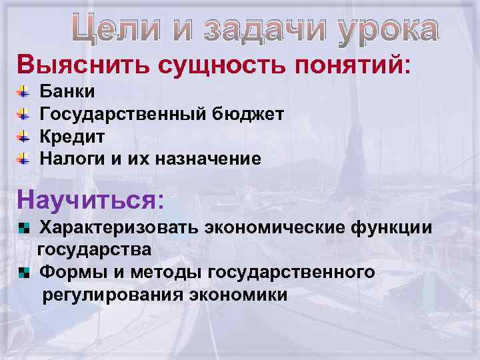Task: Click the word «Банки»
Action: tap(68, 91)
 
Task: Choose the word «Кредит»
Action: tap(73, 137)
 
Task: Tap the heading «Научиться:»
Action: tap(91, 198)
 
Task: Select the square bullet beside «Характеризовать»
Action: tap(24, 228)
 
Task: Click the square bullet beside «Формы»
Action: tap(24, 271)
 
